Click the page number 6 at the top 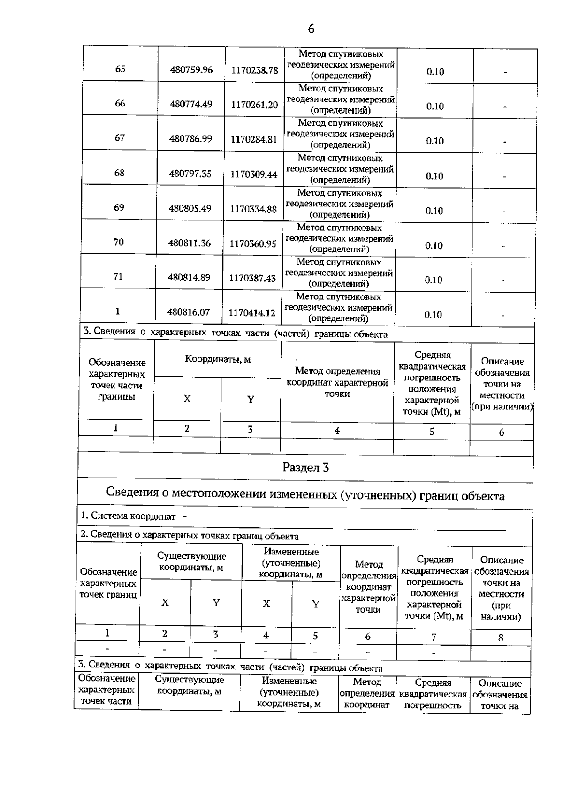click(311, 29)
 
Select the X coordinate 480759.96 click(191, 70)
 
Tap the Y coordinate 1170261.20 click(254, 105)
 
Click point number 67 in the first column click(120, 138)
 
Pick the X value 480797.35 click(190, 174)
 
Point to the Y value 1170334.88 click(253, 209)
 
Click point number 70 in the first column click(119, 242)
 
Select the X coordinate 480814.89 click(189, 277)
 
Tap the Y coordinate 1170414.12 click(251, 312)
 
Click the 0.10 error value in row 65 click(435, 72)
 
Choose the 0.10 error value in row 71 click(434, 280)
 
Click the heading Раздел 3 click(305, 468)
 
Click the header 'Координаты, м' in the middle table click(218, 359)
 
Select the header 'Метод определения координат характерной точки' click(337, 383)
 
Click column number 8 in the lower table click(501, 637)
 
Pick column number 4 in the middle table click(336, 431)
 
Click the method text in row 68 click(340, 169)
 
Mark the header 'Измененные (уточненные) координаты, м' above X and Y click(291, 563)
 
